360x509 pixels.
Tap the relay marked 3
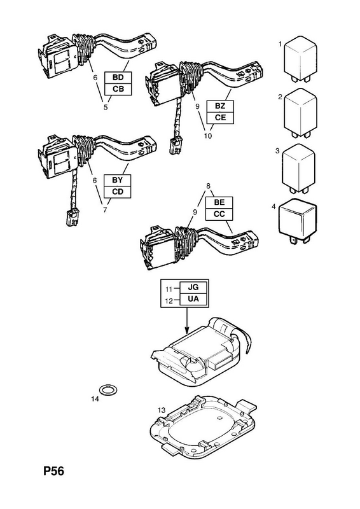(x=299, y=169)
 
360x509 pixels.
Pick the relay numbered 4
(x=298, y=220)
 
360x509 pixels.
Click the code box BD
(x=118, y=78)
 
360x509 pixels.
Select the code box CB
(x=118, y=89)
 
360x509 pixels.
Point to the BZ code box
(x=220, y=106)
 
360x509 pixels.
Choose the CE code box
(x=220, y=118)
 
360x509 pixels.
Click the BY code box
(x=118, y=180)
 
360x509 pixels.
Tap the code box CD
(x=118, y=192)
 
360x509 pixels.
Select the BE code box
(x=219, y=202)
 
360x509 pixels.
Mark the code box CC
(x=219, y=214)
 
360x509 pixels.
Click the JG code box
(x=193, y=288)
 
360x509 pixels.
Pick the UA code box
(x=193, y=298)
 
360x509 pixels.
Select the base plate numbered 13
(x=202, y=426)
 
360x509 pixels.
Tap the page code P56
(x=54, y=471)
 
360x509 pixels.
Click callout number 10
(x=208, y=136)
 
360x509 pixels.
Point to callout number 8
(x=209, y=186)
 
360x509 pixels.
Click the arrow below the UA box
(x=186, y=321)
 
